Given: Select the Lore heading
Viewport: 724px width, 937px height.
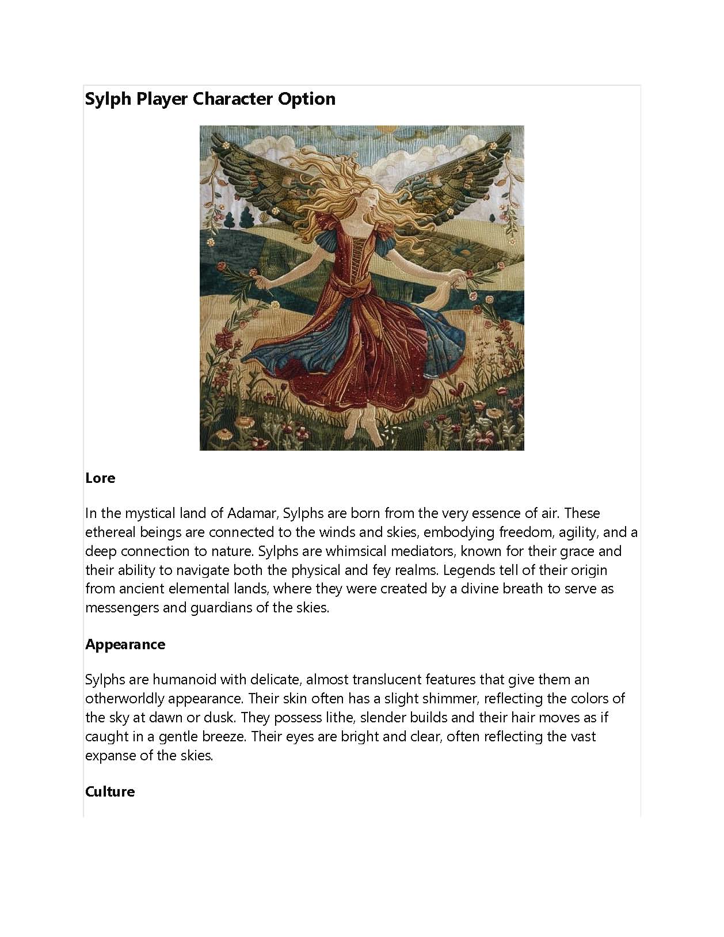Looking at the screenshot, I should (x=100, y=478).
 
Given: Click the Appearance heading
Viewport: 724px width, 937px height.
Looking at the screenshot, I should (x=125, y=644).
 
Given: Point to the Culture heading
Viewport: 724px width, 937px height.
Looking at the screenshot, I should (x=110, y=791).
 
